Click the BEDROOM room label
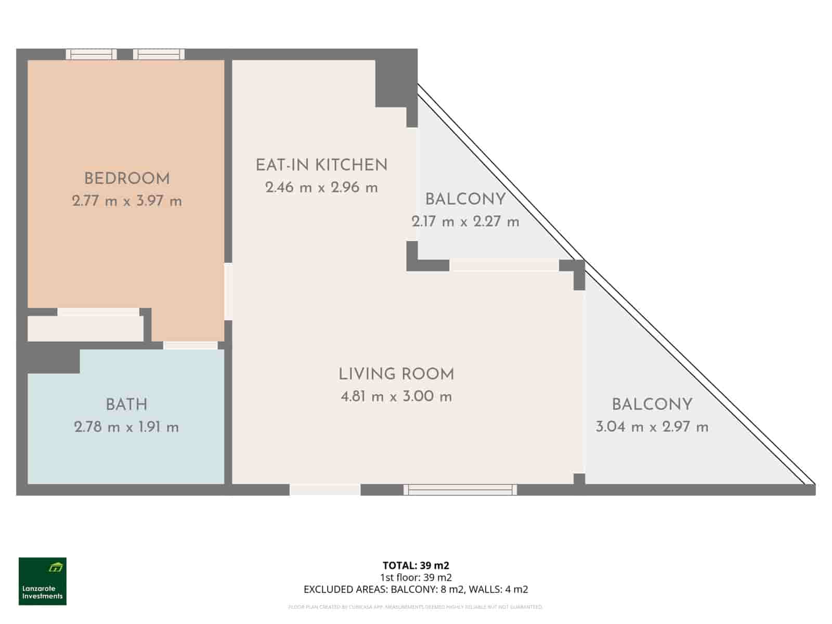pos(127,179)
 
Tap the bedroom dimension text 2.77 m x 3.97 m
pos(127,201)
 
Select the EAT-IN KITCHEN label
pos(321,165)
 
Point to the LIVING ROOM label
pos(396,374)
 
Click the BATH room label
pos(126,405)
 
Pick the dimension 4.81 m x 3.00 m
pos(396,397)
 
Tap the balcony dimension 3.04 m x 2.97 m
pos(652,427)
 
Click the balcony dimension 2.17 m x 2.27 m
pos(465,222)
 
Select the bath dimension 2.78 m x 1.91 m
pos(126,427)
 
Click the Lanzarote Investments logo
pos(43,581)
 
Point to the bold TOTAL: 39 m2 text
pos(415,565)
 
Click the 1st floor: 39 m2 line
pos(415,577)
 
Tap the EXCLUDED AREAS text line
pos(415,589)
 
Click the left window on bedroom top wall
pos(92,54)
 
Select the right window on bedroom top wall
pos(159,54)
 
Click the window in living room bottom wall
pos(460,489)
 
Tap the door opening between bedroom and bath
pos(190,345)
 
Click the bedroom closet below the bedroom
pos(85,328)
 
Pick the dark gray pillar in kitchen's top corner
pos(396,83)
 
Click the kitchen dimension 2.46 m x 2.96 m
pos(321,188)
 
